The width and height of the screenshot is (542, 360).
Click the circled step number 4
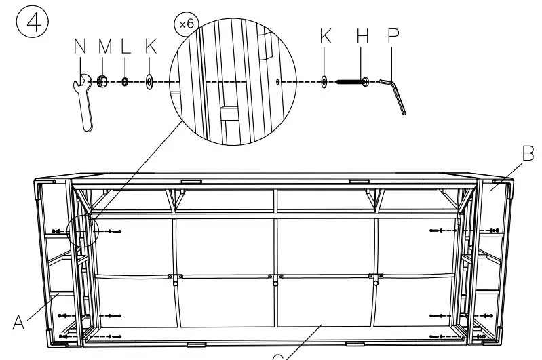[x=26, y=25]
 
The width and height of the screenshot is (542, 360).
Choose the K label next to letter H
[x=326, y=38]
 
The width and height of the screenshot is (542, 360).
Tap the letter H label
[x=362, y=38]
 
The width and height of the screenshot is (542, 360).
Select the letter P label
[x=393, y=38]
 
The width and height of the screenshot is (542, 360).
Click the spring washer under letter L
[x=125, y=82]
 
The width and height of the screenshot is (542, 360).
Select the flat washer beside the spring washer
[x=149, y=83]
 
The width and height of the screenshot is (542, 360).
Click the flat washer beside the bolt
[x=324, y=82]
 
